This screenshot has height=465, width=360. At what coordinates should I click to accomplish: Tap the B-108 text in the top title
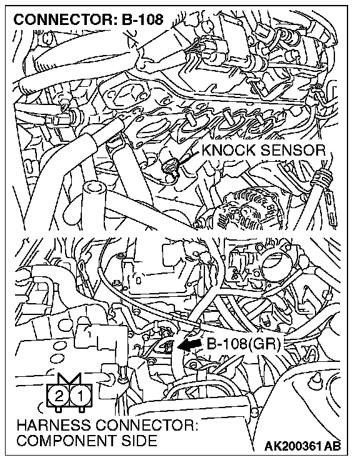click(x=142, y=19)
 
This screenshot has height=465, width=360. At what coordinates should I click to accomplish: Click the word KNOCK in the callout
click(x=228, y=151)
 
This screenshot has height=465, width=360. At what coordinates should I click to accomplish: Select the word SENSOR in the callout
click(x=292, y=151)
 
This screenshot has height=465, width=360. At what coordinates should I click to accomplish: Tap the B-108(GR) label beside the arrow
click(x=243, y=344)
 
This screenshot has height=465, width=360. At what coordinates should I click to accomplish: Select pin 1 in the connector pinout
click(x=80, y=396)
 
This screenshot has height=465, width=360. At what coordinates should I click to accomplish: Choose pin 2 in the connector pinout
click(x=59, y=396)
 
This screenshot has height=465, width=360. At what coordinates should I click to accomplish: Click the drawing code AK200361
click(x=293, y=446)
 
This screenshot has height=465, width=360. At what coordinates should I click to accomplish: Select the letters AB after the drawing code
click(x=332, y=446)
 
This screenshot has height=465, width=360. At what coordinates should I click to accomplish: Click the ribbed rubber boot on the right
click(x=322, y=179)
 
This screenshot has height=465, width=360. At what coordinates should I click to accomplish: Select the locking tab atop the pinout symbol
click(x=69, y=378)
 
